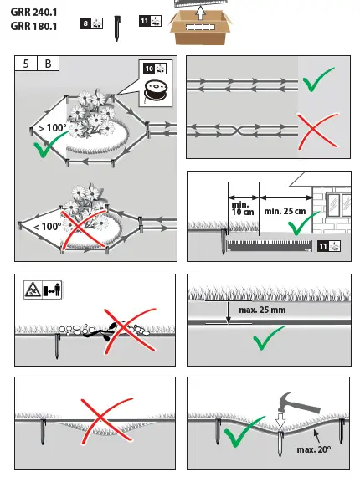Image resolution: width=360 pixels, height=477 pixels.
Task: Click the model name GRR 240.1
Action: [33, 13]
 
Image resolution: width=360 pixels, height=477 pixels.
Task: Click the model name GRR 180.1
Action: [33, 27]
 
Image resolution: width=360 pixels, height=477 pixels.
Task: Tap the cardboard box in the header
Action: [200, 27]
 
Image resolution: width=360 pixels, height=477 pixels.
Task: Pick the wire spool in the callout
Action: [156, 90]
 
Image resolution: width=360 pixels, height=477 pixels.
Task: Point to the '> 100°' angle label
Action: [53, 128]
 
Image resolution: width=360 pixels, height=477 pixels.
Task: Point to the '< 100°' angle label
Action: [47, 227]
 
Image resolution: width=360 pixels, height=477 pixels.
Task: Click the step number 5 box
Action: [26, 64]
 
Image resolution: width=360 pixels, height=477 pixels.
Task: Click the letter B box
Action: [48, 64]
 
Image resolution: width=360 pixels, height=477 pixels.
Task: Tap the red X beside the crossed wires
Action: [318, 131]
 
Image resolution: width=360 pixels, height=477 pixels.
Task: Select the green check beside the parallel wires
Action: [318, 79]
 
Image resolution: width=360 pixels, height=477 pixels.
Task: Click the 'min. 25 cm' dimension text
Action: [285, 211]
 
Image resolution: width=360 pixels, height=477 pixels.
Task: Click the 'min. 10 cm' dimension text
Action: [242, 208]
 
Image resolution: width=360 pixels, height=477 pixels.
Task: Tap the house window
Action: [338, 203]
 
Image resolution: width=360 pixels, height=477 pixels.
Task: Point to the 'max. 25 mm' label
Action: [262, 310]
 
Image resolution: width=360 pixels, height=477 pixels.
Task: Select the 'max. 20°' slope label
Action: [314, 449]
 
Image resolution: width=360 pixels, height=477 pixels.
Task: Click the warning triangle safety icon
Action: [33, 290]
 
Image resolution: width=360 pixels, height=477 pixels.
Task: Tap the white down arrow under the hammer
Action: [280, 422]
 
